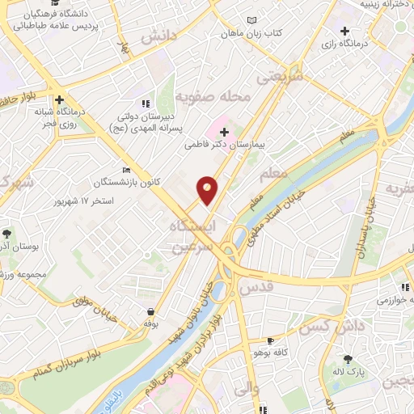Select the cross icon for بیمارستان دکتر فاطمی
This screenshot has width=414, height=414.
pyautogui.click(x=224, y=131)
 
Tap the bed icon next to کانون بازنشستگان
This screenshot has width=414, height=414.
pyautogui.click(x=125, y=170)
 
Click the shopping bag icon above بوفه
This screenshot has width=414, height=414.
pyautogui.click(x=150, y=311)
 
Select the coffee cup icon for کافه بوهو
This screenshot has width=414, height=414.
pyautogui.click(x=271, y=340)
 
